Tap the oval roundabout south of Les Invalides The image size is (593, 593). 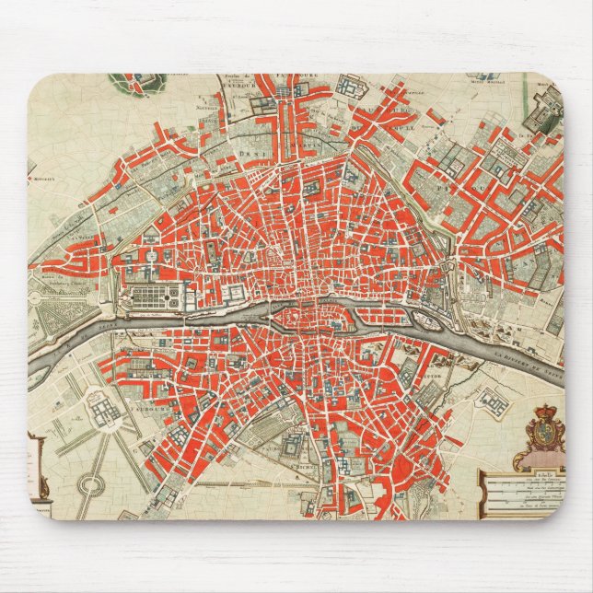89,482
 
